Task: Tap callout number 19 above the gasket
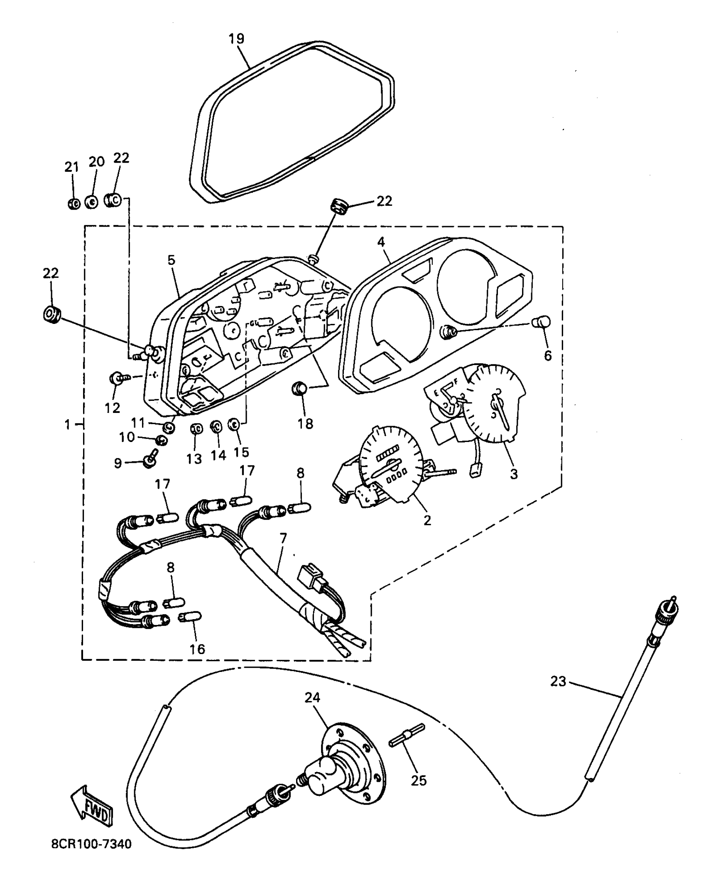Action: (237, 39)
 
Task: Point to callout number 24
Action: (312, 697)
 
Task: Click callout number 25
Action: (419, 780)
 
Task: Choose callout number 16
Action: (197, 649)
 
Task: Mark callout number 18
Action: (305, 424)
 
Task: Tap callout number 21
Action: (71, 167)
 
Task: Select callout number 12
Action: (112, 408)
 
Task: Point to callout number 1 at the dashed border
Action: (68, 425)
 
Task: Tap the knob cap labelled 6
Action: (542, 322)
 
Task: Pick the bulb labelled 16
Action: (191, 616)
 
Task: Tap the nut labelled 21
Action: (73, 204)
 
